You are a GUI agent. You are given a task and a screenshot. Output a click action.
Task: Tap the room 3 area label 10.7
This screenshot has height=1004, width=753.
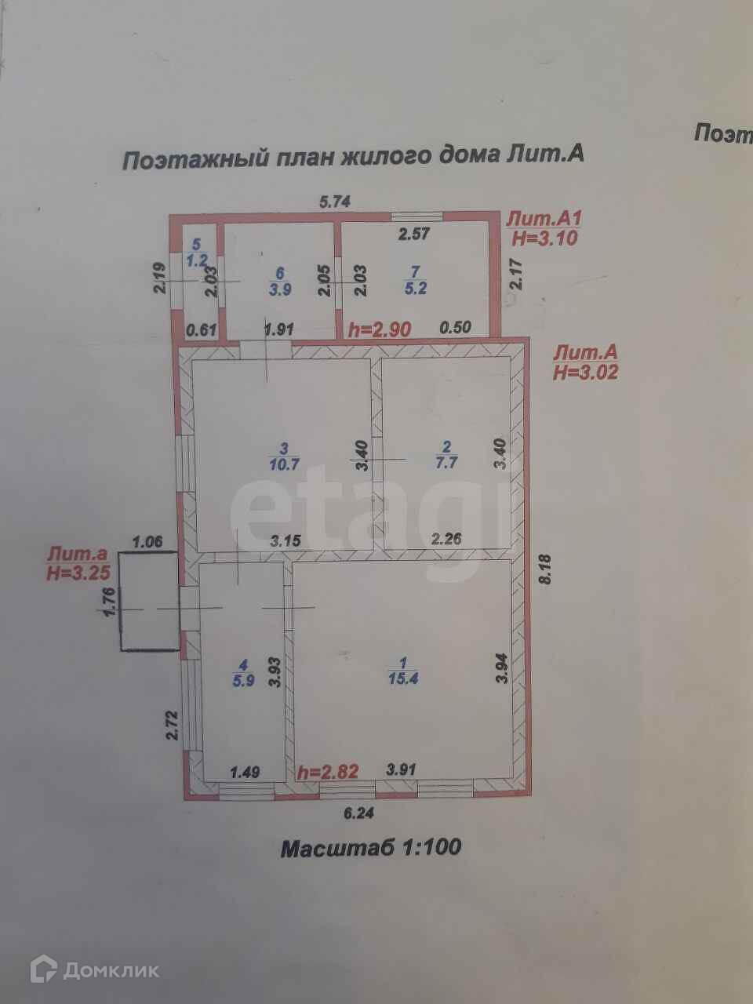284,463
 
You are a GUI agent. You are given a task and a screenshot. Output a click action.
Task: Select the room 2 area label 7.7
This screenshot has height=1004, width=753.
446,463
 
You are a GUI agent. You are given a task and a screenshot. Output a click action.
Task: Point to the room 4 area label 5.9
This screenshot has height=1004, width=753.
244,680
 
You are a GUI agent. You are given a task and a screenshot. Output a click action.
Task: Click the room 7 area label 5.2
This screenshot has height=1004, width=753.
415,288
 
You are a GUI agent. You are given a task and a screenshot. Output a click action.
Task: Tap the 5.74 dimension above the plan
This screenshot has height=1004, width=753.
334,201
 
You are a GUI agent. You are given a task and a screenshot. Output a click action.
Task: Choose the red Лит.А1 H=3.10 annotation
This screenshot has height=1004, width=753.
544,227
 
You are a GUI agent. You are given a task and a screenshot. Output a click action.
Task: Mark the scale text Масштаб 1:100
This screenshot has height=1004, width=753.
371,848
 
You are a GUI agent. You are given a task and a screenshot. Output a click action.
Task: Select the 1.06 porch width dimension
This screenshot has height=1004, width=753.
147,541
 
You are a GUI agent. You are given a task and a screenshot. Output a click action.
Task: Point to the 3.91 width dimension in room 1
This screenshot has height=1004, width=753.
401,769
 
